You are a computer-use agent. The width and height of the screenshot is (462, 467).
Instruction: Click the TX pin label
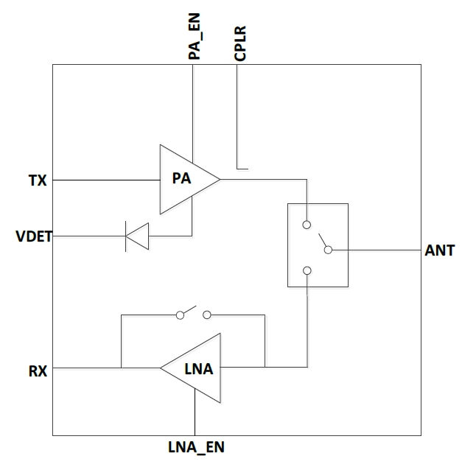click(x=38, y=180)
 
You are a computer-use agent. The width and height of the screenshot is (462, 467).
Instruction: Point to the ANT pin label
click(x=440, y=251)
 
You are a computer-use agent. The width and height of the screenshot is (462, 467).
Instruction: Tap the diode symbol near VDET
click(x=138, y=236)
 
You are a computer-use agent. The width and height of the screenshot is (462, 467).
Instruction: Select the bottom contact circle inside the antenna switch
click(x=307, y=271)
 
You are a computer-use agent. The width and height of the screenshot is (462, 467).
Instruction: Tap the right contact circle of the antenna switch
click(x=329, y=250)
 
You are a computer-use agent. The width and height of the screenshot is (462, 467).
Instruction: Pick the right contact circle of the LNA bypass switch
click(x=207, y=315)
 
